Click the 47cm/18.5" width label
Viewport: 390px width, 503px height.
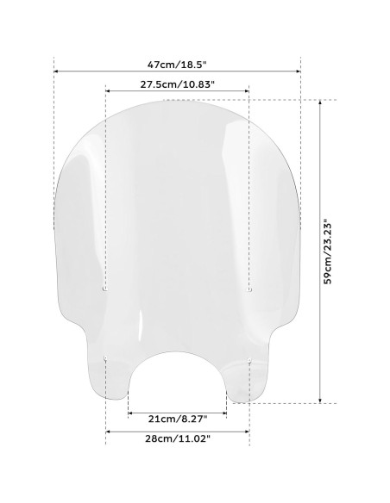click(176, 63)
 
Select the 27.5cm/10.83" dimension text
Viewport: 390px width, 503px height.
click(176, 83)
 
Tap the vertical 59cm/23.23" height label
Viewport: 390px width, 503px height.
click(329, 251)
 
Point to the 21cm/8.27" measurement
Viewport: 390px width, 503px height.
click(176, 419)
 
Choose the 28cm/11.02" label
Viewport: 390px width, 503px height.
click(176, 438)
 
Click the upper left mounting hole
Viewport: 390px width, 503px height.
click(105, 290)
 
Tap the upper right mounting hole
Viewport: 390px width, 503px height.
click(249, 290)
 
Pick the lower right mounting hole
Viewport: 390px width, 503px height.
click(248, 361)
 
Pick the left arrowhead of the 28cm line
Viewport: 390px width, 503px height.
click(108, 431)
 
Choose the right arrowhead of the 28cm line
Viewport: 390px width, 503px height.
click(247, 431)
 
